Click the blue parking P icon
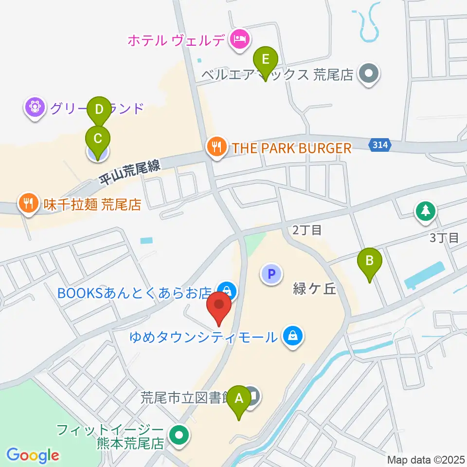point(271,274)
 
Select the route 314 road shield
point(381,144)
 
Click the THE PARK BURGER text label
point(291,148)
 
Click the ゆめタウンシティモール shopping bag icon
point(293,337)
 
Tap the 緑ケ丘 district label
point(314,289)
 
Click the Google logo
point(33,455)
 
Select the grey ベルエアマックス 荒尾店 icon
point(368,74)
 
